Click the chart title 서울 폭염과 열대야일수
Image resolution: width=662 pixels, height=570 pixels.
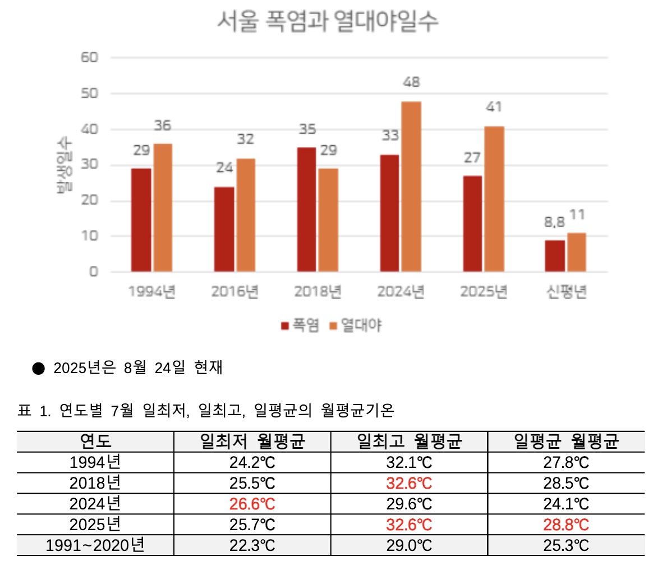327,21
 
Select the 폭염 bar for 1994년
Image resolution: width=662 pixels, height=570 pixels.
141,220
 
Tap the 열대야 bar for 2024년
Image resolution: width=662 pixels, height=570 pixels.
411,186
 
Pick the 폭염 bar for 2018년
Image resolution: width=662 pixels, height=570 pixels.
306,209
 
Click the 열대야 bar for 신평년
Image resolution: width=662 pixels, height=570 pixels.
576,252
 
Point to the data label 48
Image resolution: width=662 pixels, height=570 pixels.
411,82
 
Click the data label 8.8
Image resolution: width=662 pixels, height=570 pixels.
554,222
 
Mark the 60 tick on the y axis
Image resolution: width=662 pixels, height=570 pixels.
89,57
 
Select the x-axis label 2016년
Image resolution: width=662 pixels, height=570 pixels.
235,292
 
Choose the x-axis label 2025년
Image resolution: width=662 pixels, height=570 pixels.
484,292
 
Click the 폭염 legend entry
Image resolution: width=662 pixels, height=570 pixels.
300,325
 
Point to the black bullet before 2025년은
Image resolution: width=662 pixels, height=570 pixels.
38,369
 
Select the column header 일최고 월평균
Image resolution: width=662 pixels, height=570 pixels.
409,442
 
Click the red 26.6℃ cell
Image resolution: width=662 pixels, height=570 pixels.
252,504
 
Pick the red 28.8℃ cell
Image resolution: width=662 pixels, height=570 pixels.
566,525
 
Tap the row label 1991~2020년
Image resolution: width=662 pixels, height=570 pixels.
95,545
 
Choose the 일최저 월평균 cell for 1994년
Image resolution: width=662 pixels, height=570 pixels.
252,462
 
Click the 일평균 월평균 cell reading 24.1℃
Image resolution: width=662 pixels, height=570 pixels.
566,504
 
